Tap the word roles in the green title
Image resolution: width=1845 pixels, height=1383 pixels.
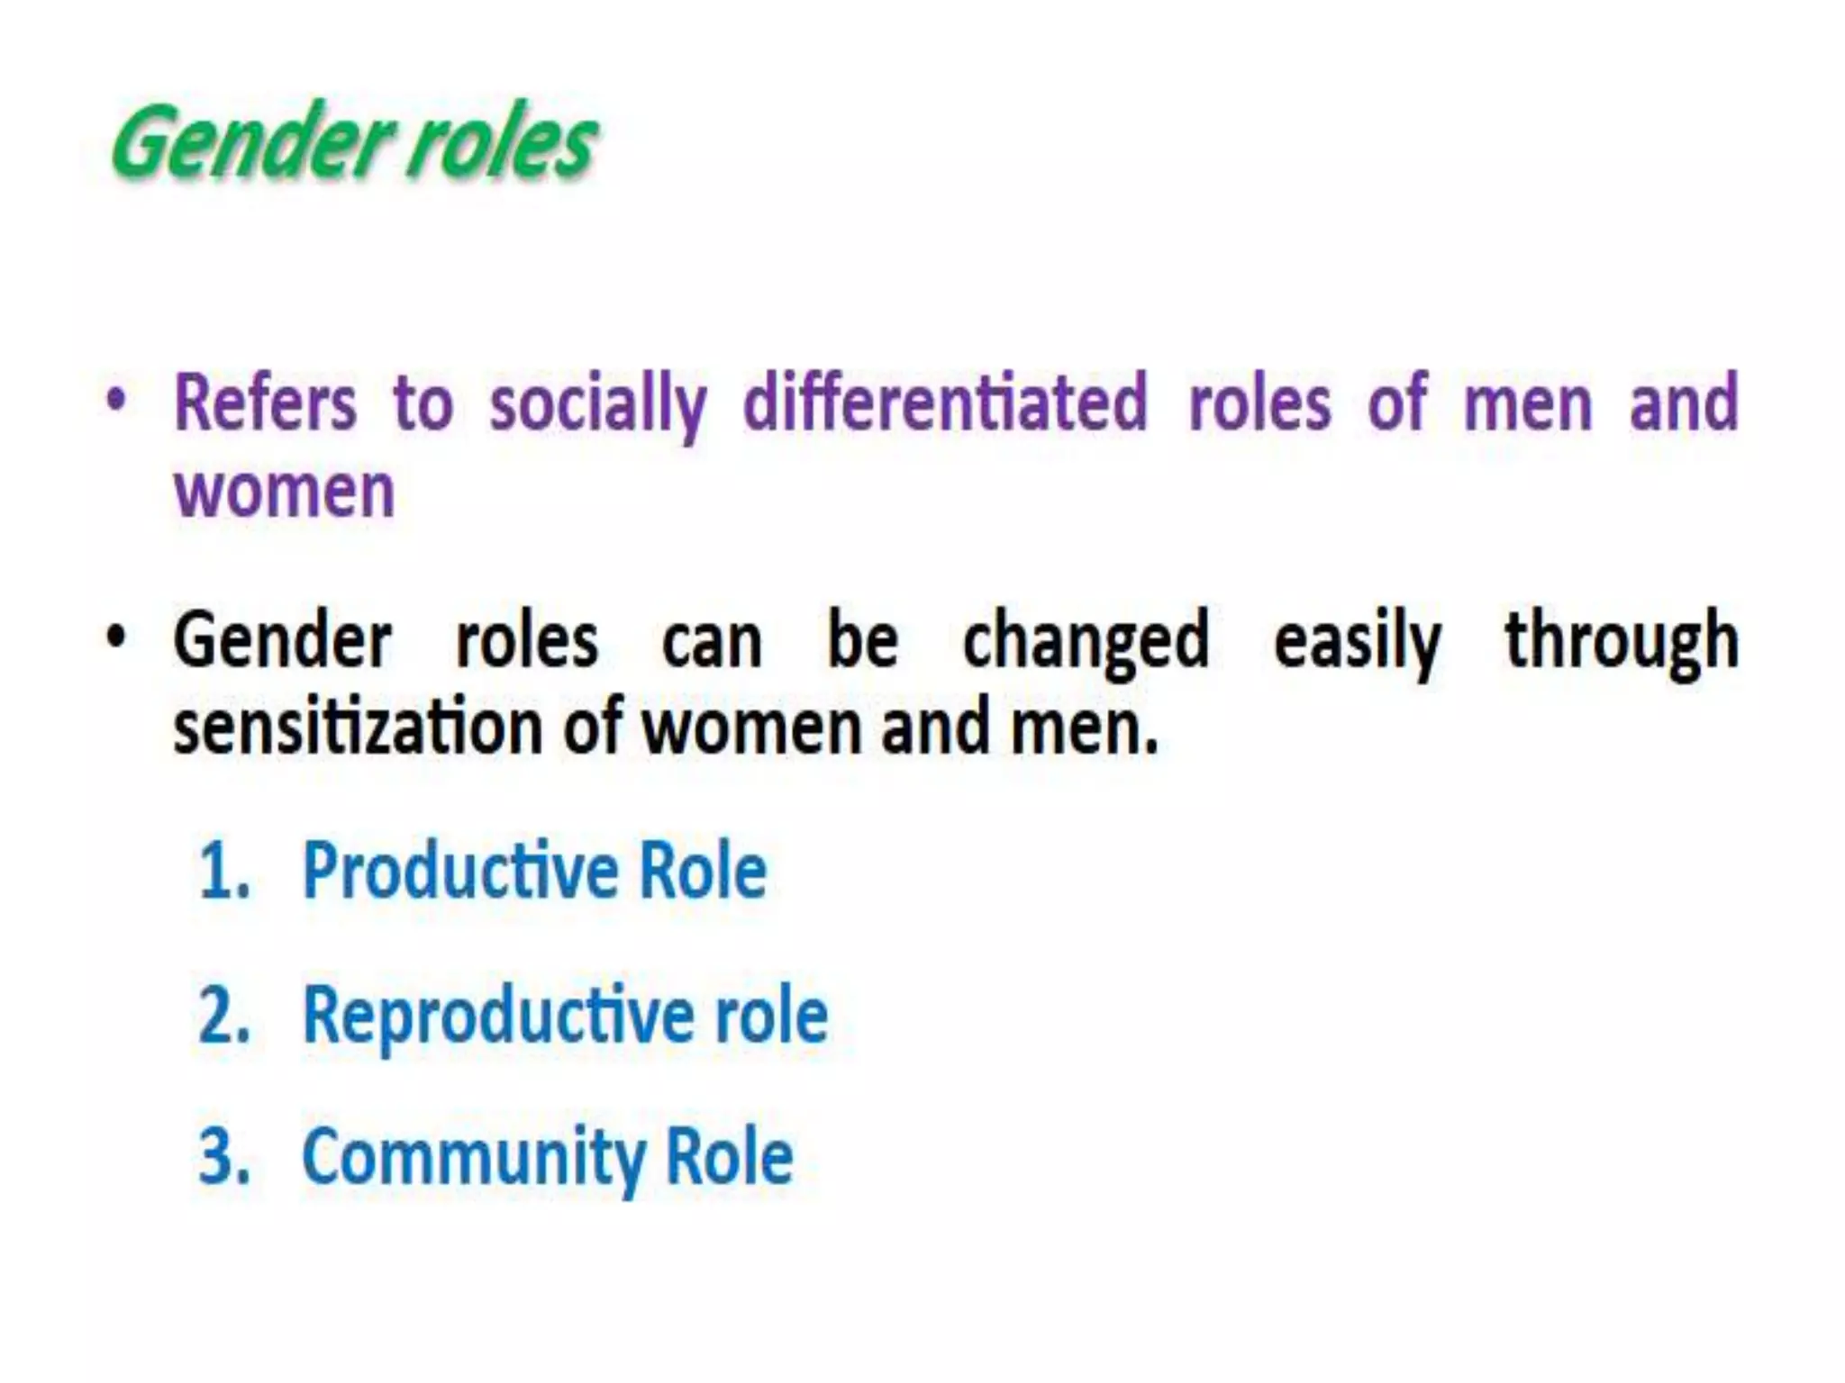[501, 144]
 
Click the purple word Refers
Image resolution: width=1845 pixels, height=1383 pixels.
[265, 403]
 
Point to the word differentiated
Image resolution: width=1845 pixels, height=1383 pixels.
[945, 402]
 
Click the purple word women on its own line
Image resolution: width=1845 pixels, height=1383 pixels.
[285, 492]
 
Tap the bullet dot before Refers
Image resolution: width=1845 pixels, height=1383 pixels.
[115, 402]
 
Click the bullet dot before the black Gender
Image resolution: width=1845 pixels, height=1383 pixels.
[115, 638]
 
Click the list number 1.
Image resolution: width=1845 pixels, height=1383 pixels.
[222, 872]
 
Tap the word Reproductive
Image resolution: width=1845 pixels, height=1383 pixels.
[498, 1016]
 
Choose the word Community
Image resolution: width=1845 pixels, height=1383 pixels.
[473, 1160]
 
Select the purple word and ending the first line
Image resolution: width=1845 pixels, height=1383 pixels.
[1683, 403]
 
